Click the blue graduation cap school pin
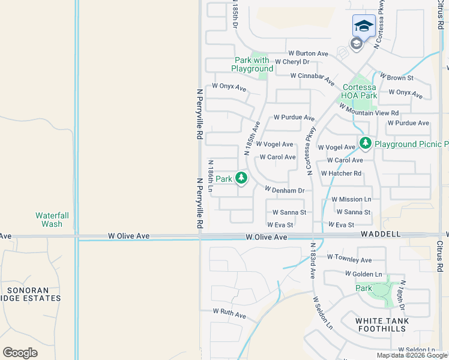point(364,26)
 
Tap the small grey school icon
point(356,43)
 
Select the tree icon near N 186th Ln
point(241,178)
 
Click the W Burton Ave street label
point(308,53)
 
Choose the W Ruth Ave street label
point(229,314)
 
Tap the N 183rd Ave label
point(313,258)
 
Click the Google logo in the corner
point(20,352)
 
